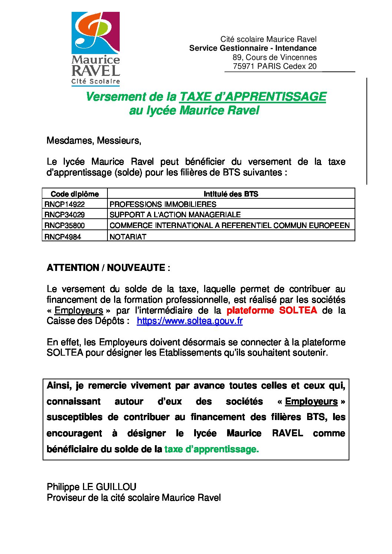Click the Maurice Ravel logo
tap(96, 49)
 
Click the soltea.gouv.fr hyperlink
tap(189, 321)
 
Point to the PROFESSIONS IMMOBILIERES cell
tap(163, 204)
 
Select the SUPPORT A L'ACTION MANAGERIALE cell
tap(175, 215)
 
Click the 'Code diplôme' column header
tap(74, 194)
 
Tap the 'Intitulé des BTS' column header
tap(231, 194)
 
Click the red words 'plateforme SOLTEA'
tap(272, 310)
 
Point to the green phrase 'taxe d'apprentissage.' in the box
tap(212, 449)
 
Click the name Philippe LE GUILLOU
tap(92, 487)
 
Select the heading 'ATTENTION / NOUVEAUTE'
tap(108, 268)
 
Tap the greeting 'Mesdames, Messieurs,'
tap(94, 141)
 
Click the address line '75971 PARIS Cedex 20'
tap(275, 66)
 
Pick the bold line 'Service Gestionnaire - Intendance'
tap(253, 48)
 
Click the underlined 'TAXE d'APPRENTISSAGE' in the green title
tap(253, 97)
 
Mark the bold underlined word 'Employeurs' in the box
tap(311, 402)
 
